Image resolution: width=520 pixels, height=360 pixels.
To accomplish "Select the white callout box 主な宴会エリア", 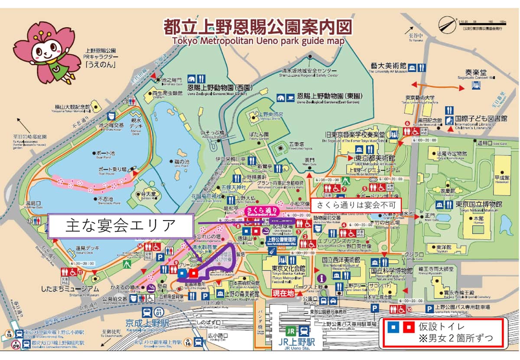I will point(120,226).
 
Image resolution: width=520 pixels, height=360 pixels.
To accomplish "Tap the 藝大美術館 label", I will point(388,66).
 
